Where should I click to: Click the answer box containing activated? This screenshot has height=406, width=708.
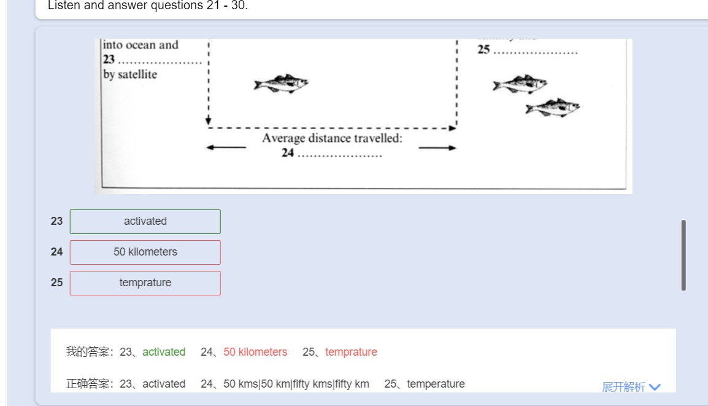pos(145,222)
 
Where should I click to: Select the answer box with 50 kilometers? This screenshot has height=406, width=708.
pos(145,252)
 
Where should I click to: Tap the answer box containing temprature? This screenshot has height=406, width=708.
pos(145,283)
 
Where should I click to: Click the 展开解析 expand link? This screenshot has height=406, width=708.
pos(623,387)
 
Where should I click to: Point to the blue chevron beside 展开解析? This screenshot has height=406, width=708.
pos(654,387)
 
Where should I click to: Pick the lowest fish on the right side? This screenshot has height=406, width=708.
pos(552,107)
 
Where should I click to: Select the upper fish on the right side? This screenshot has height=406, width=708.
pos(520,84)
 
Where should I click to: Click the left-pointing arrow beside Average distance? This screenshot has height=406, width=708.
pos(226,147)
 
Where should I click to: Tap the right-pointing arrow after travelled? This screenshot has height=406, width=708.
pos(437,147)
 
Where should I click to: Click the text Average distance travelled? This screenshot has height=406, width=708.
pos(332,138)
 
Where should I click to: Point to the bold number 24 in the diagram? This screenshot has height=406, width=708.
pos(288,153)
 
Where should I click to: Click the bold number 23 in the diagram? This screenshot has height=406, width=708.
pos(109,60)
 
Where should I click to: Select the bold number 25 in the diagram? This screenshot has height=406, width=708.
pos(483,50)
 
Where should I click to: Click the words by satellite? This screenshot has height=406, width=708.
pos(130,74)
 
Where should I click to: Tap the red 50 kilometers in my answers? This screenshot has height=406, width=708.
pos(255,352)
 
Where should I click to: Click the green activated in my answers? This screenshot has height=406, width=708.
pos(164,352)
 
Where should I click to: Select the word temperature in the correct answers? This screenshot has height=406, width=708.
pos(436,384)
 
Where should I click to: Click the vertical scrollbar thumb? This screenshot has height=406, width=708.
pos(683,255)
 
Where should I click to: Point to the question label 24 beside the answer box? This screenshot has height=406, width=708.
pos(57,252)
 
